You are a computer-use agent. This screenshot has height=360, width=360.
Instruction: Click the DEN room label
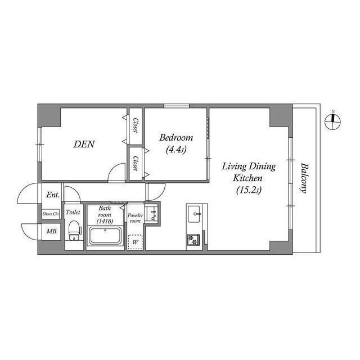pyautogui.click(x=84, y=144)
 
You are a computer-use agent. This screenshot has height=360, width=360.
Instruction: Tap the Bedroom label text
pyautogui.click(x=175, y=138)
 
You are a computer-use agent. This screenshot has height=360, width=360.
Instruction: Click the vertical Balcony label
pyautogui.click(x=304, y=178)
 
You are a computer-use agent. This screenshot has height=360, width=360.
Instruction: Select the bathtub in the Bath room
pyautogui.click(x=105, y=235)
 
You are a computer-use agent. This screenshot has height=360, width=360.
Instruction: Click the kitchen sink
pyautogui.click(x=195, y=213)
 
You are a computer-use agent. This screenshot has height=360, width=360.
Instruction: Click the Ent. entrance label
pyautogui.click(x=53, y=195)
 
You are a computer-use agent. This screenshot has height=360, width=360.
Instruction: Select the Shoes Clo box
pyautogui.click(x=51, y=214)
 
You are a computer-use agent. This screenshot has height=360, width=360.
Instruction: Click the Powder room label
pyautogui.click(x=134, y=218)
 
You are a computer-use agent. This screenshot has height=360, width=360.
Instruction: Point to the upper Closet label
pyautogui.click(x=136, y=125)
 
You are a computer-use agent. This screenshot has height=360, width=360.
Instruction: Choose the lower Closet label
pyautogui.click(x=136, y=163)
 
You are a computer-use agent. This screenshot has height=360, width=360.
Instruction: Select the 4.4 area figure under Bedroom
pyautogui.click(x=175, y=150)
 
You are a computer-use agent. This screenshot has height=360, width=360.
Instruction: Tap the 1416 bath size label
pyautogui.click(x=105, y=222)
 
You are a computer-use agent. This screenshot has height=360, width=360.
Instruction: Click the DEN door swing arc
pyautogui.click(x=117, y=173)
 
